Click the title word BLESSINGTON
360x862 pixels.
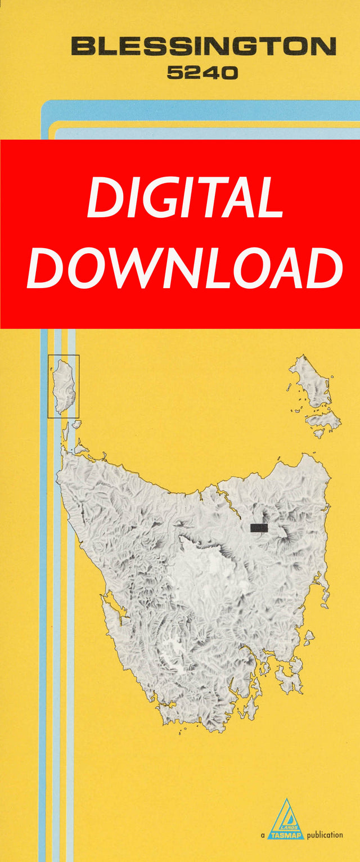coord(204,46)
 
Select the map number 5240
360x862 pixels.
coord(202,73)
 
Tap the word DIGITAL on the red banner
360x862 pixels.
coord(186,198)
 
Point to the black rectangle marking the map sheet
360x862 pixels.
coord(259,528)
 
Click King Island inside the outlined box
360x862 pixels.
coord(64,387)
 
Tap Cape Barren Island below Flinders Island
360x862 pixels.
coord(324,419)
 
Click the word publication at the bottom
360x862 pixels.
coord(325,834)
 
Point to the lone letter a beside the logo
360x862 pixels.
coord(263,835)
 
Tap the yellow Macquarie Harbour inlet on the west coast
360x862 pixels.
coord(111,607)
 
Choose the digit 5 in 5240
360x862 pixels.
coord(175,73)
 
